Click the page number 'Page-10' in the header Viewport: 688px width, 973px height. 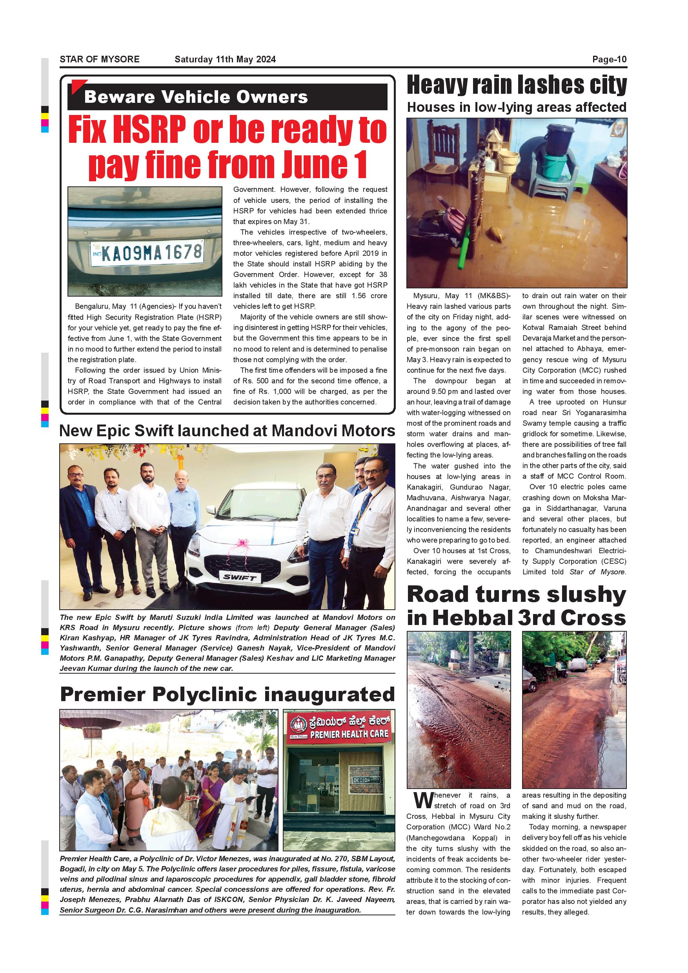(609, 59)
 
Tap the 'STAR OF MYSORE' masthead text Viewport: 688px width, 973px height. (100, 59)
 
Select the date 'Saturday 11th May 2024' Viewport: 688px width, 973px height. (225, 59)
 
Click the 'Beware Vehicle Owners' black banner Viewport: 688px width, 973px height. (228, 97)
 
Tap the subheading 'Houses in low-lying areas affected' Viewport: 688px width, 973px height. (517, 107)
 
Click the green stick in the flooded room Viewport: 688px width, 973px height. (466, 248)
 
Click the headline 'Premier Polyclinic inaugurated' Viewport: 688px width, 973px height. (227, 694)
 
